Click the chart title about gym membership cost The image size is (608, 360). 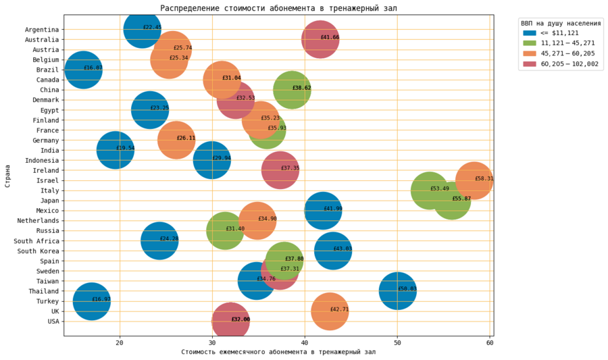point(278,8)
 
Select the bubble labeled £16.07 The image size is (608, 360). point(84,70)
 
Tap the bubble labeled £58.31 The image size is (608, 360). point(474,180)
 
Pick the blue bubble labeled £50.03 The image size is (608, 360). point(398,290)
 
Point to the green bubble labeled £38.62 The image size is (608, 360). point(292,89)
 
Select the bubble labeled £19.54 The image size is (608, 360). point(115,150)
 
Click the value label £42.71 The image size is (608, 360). point(339,309)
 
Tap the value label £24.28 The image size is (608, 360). point(169,239)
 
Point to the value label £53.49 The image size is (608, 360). point(439,188)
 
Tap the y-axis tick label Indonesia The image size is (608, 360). point(42,161)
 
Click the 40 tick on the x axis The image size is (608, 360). point(305,342)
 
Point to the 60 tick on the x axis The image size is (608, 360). point(489,342)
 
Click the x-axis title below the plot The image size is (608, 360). point(278,352)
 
